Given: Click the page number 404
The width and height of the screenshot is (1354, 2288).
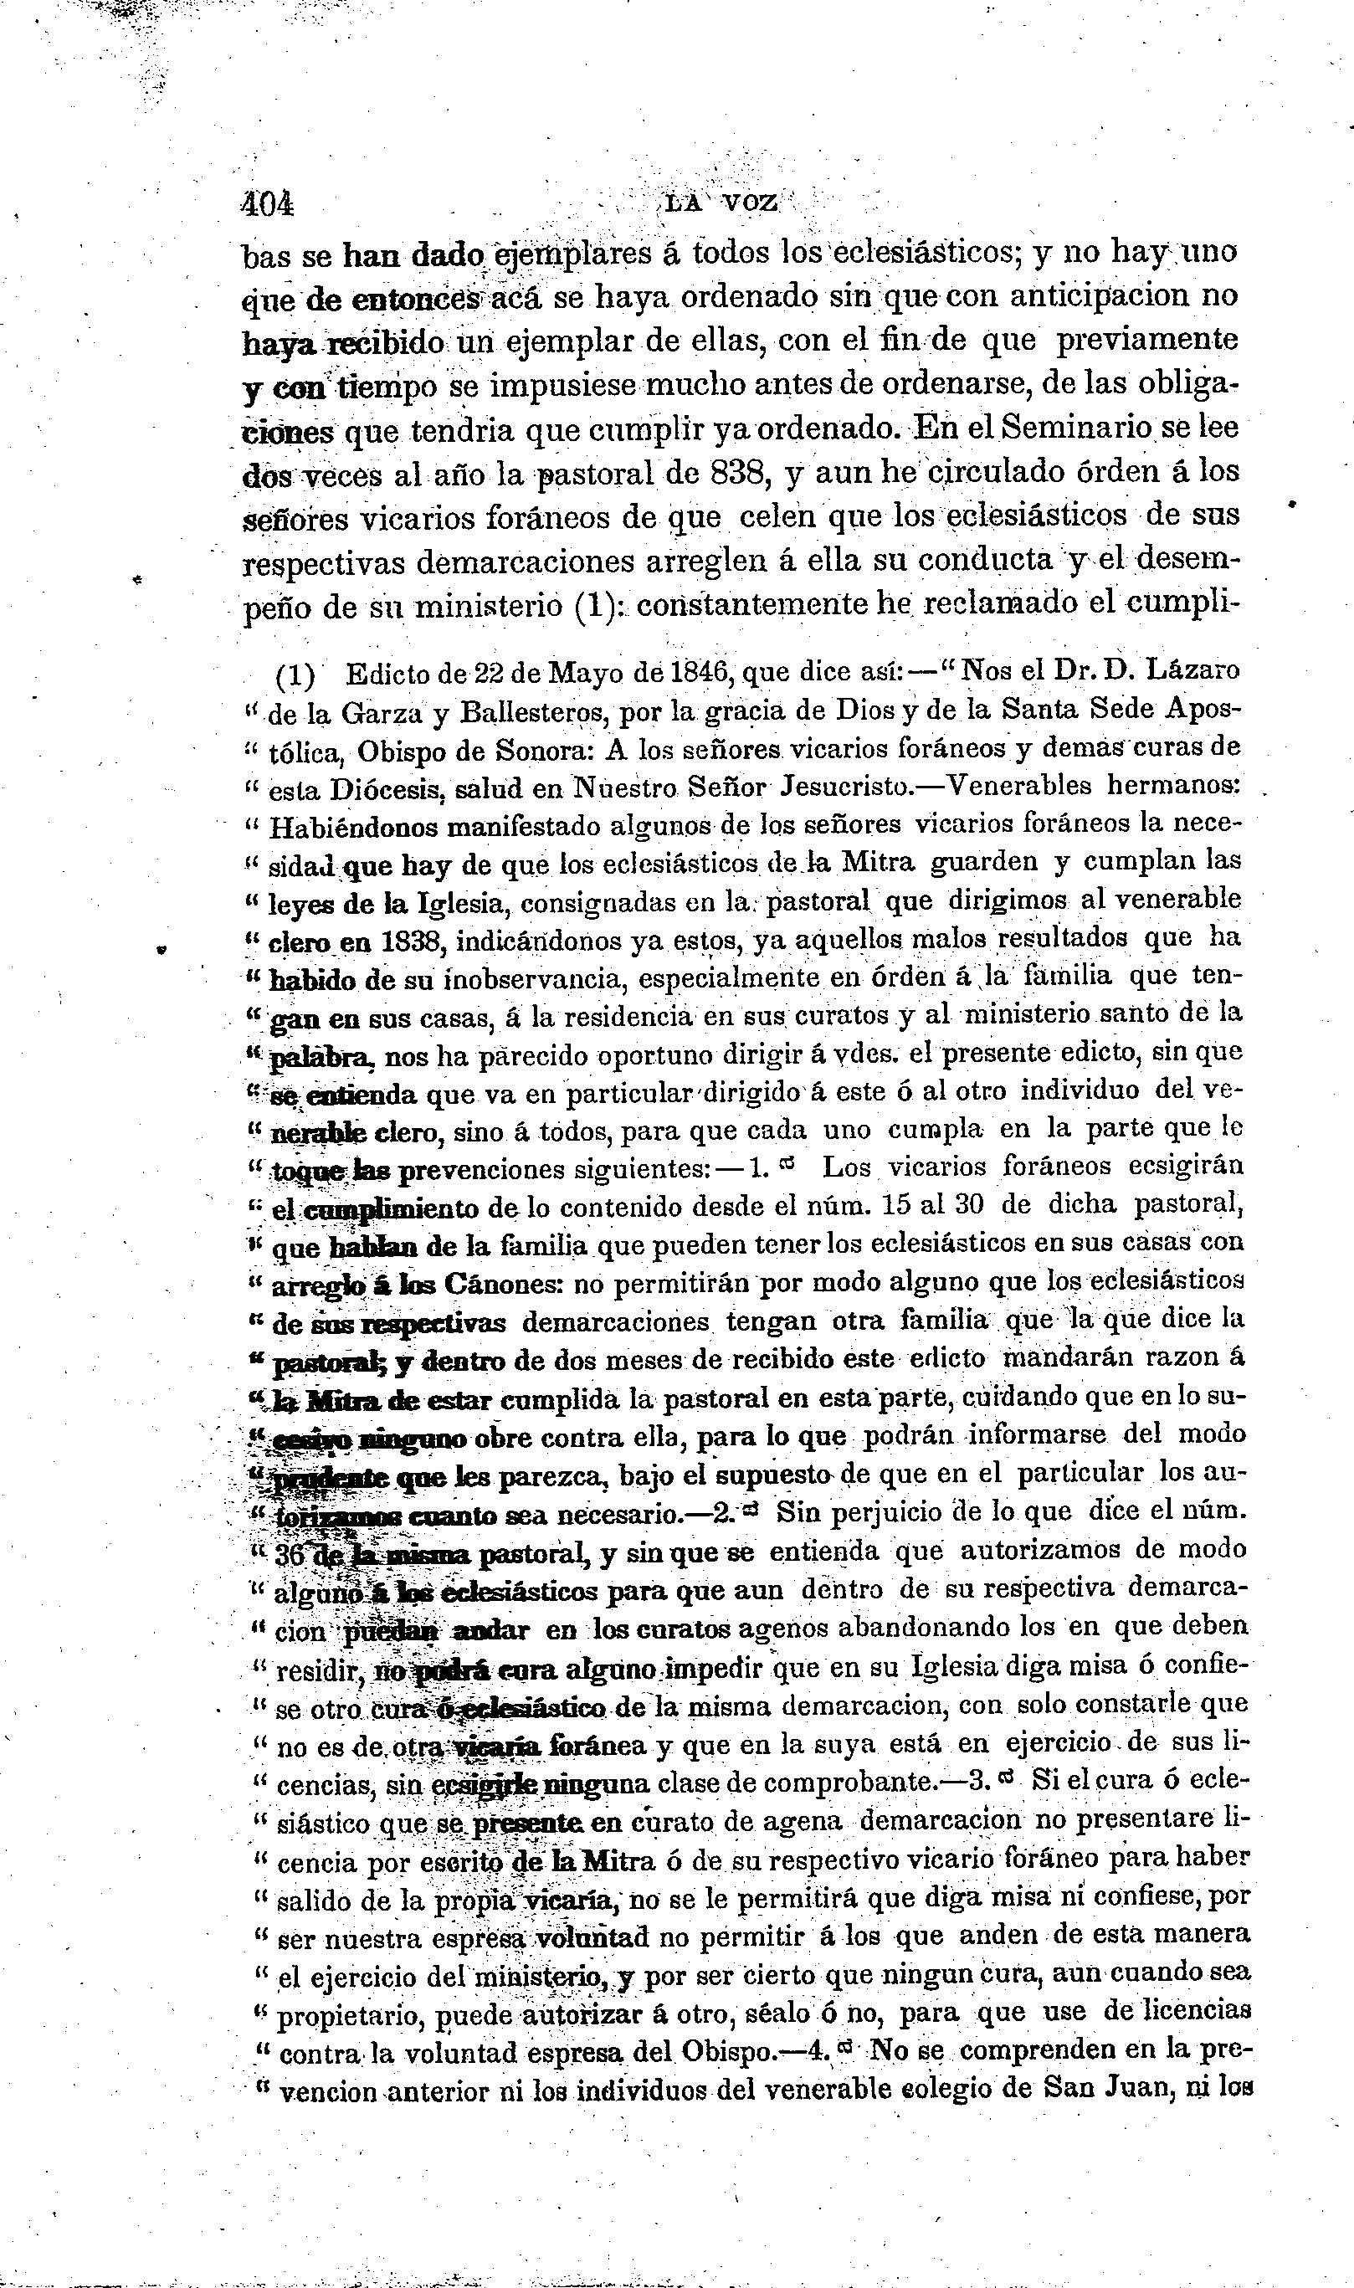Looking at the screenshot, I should click(267, 203).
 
